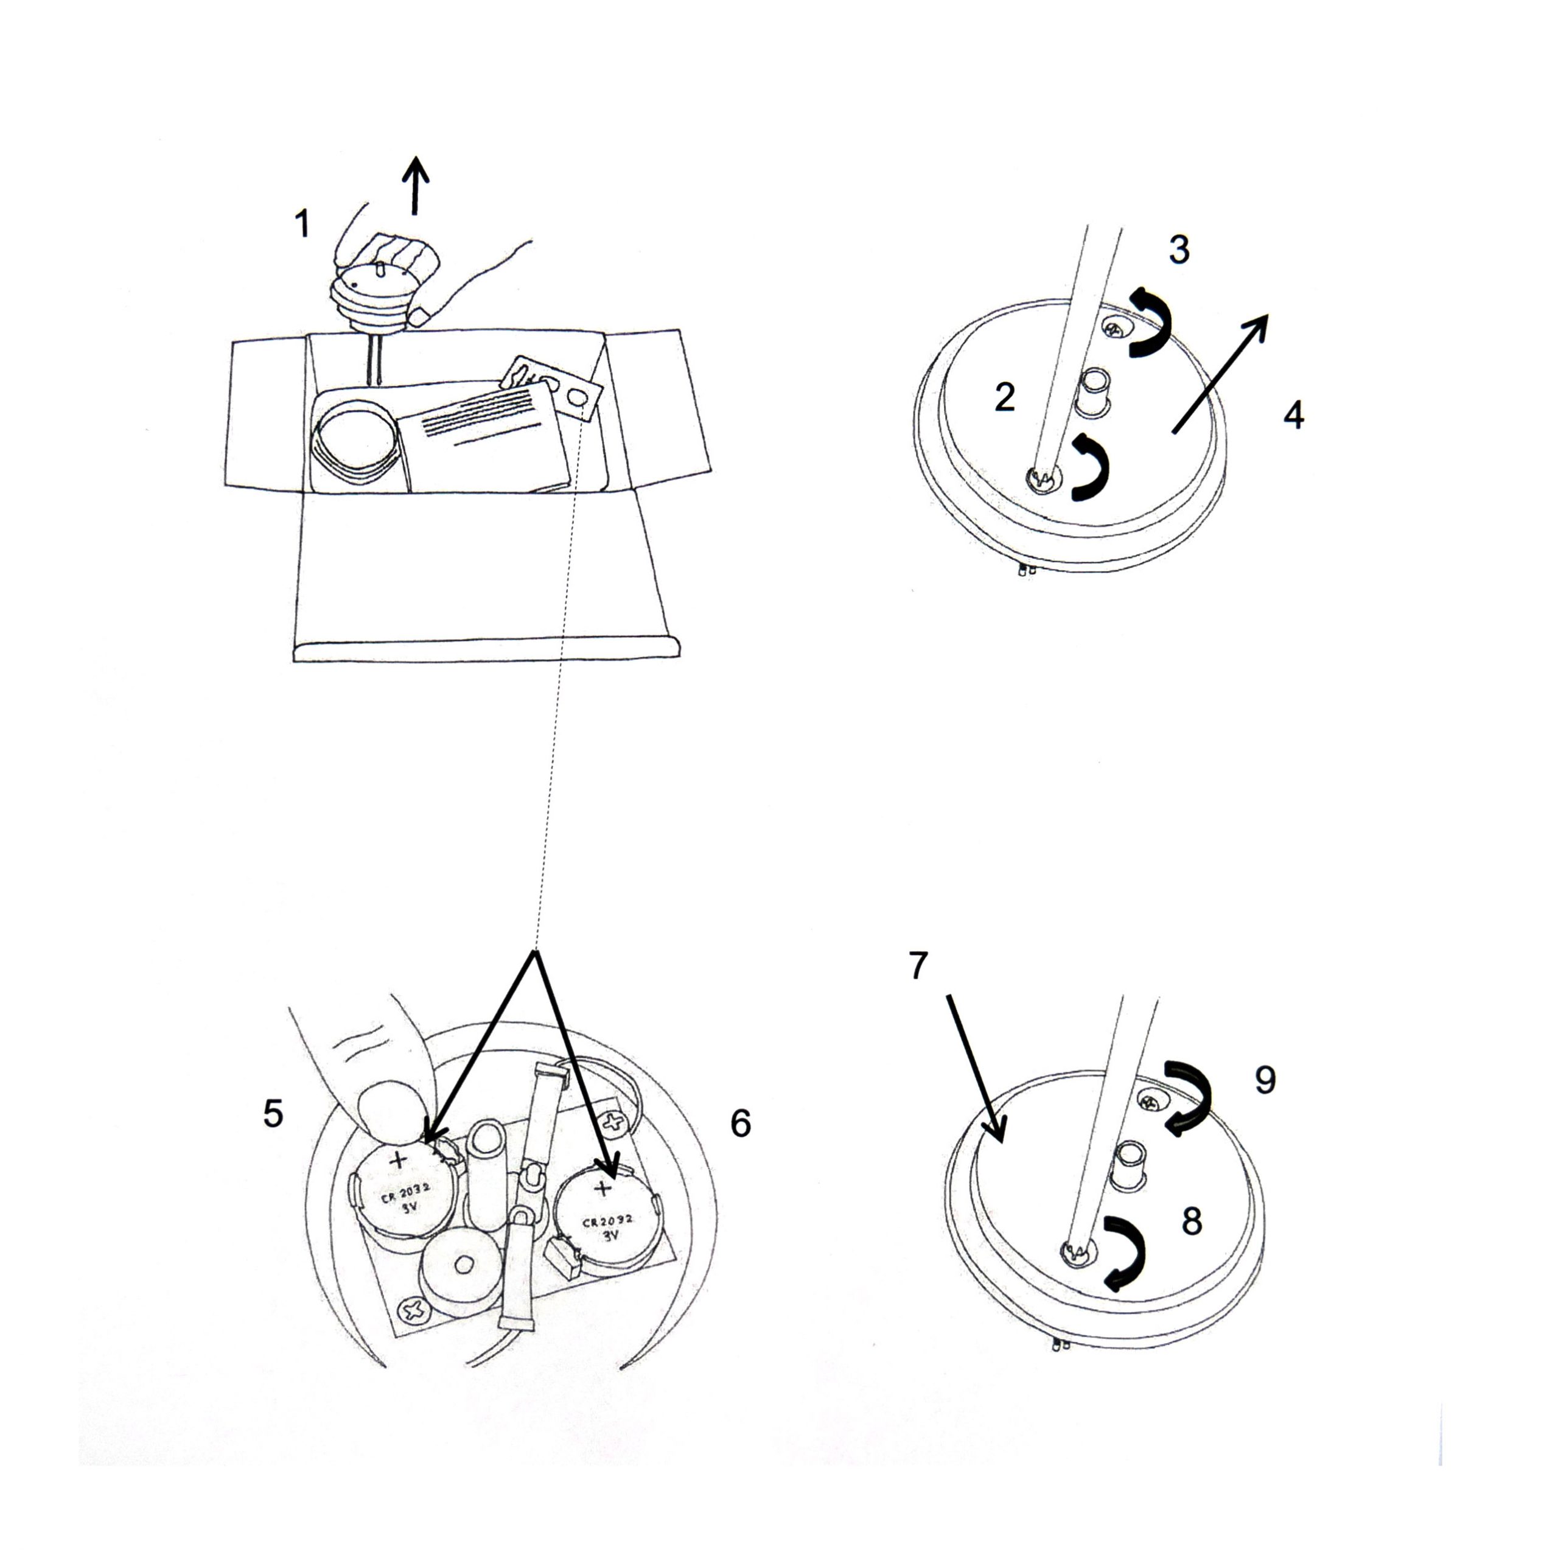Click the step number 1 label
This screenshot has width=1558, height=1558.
tap(302, 223)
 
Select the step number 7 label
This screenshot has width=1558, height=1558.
tap(918, 965)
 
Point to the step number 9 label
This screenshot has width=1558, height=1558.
tap(1265, 1080)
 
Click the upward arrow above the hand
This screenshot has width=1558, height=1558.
tap(415, 186)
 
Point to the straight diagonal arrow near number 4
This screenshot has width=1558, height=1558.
tap(1220, 374)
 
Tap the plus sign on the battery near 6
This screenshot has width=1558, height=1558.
tap(603, 1188)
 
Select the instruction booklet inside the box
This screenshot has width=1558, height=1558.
tap(484, 436)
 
